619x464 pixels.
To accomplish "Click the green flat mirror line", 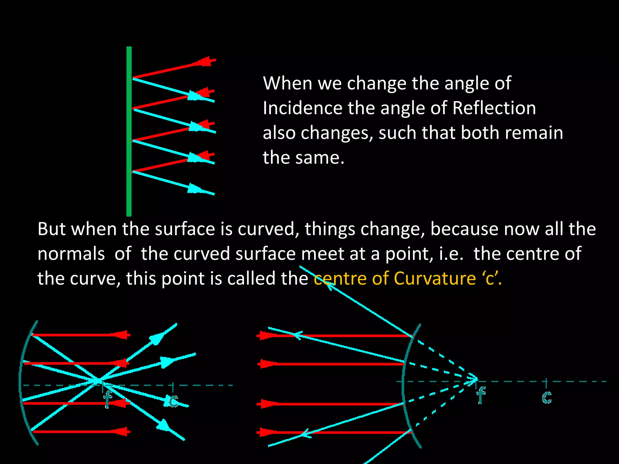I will pos(129,131).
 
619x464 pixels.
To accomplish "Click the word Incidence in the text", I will pos(302,108).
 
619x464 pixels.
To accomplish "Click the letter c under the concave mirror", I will pos(173,401).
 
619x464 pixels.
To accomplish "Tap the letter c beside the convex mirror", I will pos(547,397).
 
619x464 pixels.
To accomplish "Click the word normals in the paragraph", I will pos(71,254).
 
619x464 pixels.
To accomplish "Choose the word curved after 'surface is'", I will pos(266,229).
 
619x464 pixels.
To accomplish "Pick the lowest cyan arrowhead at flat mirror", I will pos(194,189).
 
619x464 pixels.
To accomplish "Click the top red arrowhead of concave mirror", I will pos(121,335).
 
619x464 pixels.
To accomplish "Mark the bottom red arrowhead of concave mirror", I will pos(121,431).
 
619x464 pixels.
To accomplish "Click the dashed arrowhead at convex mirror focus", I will pos(473,379).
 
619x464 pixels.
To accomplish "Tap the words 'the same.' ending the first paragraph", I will pos(303,158).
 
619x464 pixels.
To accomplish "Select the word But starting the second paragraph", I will pos(51,229).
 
